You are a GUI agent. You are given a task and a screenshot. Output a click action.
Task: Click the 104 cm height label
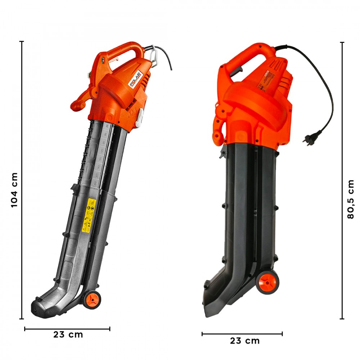point(14,189)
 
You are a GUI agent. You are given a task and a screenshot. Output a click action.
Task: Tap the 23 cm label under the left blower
point(68,334)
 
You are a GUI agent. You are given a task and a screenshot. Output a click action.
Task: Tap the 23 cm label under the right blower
point(245,341)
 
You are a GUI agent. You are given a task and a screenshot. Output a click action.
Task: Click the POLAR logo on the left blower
point(137,78)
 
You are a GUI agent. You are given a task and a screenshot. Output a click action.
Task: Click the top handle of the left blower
point(126,49)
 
